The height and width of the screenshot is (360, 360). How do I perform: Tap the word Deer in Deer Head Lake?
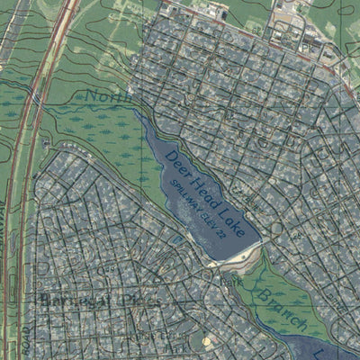(177, 164)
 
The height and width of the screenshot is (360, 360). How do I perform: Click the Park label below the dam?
(235, 280)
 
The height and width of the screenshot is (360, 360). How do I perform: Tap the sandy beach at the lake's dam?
(241, 256)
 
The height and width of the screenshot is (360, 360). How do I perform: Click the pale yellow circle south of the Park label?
(208, 341)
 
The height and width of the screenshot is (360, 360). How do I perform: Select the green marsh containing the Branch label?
(279, 297)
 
